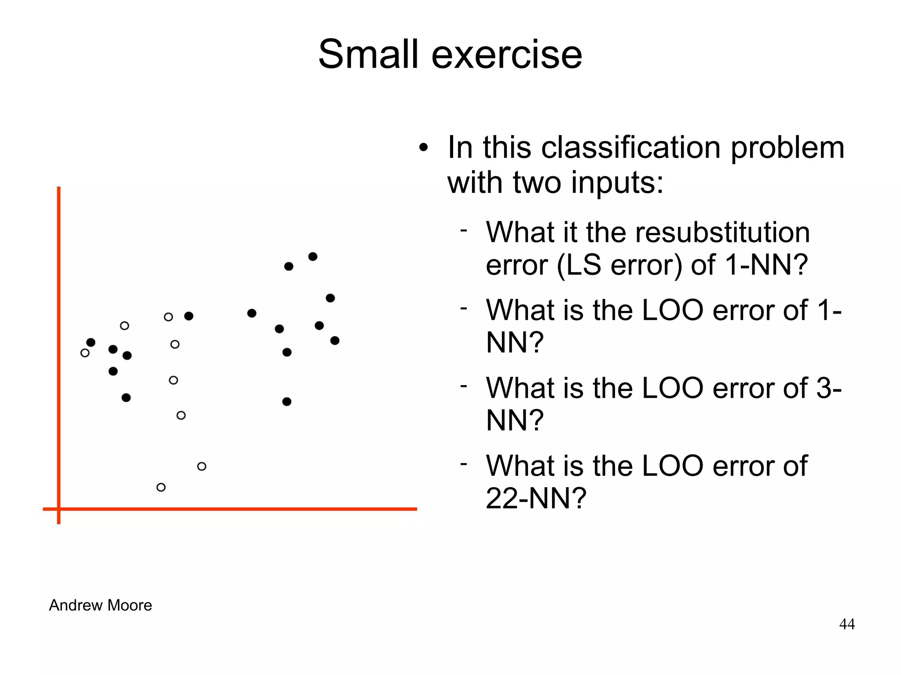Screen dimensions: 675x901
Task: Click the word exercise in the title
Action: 507,55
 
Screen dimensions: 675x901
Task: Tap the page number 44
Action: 846,624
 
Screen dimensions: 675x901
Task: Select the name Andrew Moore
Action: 100,605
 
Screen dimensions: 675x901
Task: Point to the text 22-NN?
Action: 535,498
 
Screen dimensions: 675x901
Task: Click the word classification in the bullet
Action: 630,147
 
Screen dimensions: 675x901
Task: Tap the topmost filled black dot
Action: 313,256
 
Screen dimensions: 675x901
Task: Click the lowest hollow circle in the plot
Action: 161,487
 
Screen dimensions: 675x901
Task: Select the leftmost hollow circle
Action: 85,353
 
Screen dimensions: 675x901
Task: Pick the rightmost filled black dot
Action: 335,340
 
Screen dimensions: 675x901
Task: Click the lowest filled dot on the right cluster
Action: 287,401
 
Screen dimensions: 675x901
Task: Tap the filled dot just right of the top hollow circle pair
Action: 189,316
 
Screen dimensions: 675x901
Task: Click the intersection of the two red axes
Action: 59,509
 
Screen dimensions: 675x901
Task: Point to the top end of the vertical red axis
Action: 59,188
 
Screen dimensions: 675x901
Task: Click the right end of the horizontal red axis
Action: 415,509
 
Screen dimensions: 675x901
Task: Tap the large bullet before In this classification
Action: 423,148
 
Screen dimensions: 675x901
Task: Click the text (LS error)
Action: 620,265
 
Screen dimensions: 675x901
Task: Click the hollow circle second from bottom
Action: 201,466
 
